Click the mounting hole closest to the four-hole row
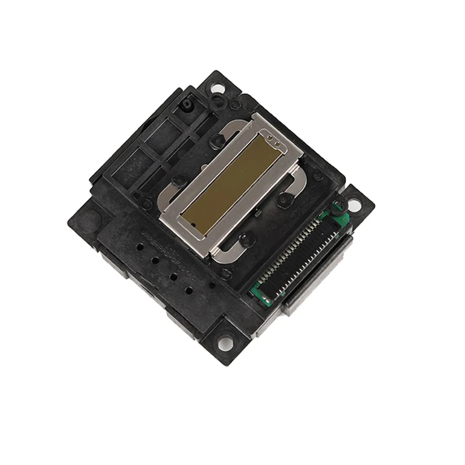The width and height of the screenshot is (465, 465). click(227, 342)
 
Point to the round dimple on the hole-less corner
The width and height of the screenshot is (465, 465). click(87, 219)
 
